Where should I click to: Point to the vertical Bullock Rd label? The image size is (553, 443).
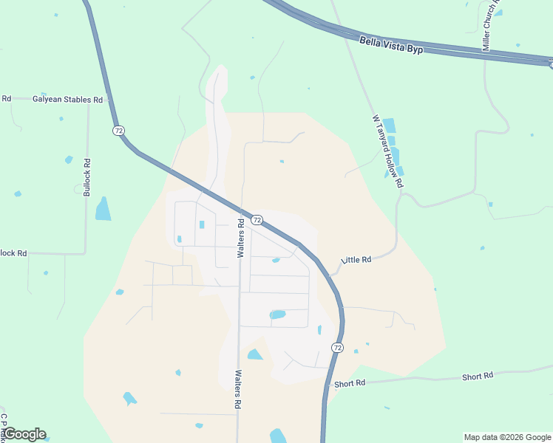87,178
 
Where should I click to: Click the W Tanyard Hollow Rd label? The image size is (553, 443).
388,150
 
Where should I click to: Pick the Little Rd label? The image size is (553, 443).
356,260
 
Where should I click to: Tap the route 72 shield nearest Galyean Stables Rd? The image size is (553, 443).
118,131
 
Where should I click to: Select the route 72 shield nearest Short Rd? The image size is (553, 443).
337,347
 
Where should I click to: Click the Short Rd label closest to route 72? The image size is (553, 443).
350,383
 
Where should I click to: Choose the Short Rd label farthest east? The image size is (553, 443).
478,377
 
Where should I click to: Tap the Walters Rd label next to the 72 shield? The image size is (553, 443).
241,238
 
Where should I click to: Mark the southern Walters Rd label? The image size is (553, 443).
239,390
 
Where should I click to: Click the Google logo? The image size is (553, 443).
24,434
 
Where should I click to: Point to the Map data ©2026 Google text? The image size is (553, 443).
506,437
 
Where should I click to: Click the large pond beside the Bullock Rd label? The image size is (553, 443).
103,210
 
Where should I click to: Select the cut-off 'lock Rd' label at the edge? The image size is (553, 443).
13,253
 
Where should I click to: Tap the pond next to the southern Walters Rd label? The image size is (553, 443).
254,355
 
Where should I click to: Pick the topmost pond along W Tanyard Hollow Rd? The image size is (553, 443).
388,126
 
